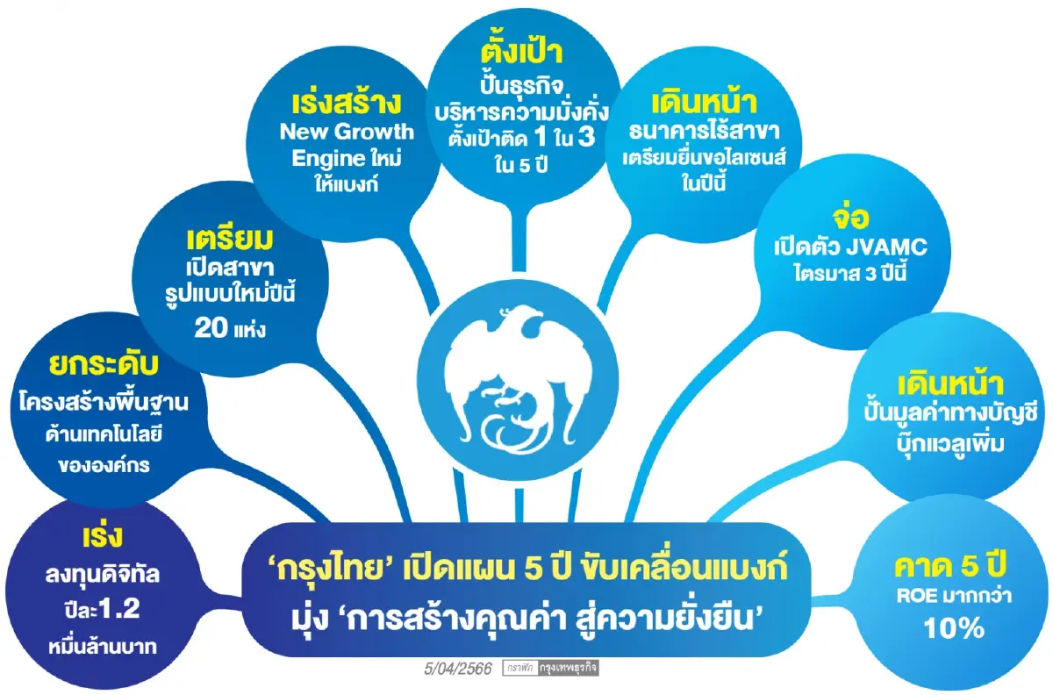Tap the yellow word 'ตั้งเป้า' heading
pyautogui.click(x=527, y=54)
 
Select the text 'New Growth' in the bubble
pyautogui.click(x=347, y=133)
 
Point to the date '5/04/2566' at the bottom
pyautogui.click(x=456, y=670)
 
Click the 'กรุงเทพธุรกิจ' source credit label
pyautogui.click(x=576, y=670)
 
